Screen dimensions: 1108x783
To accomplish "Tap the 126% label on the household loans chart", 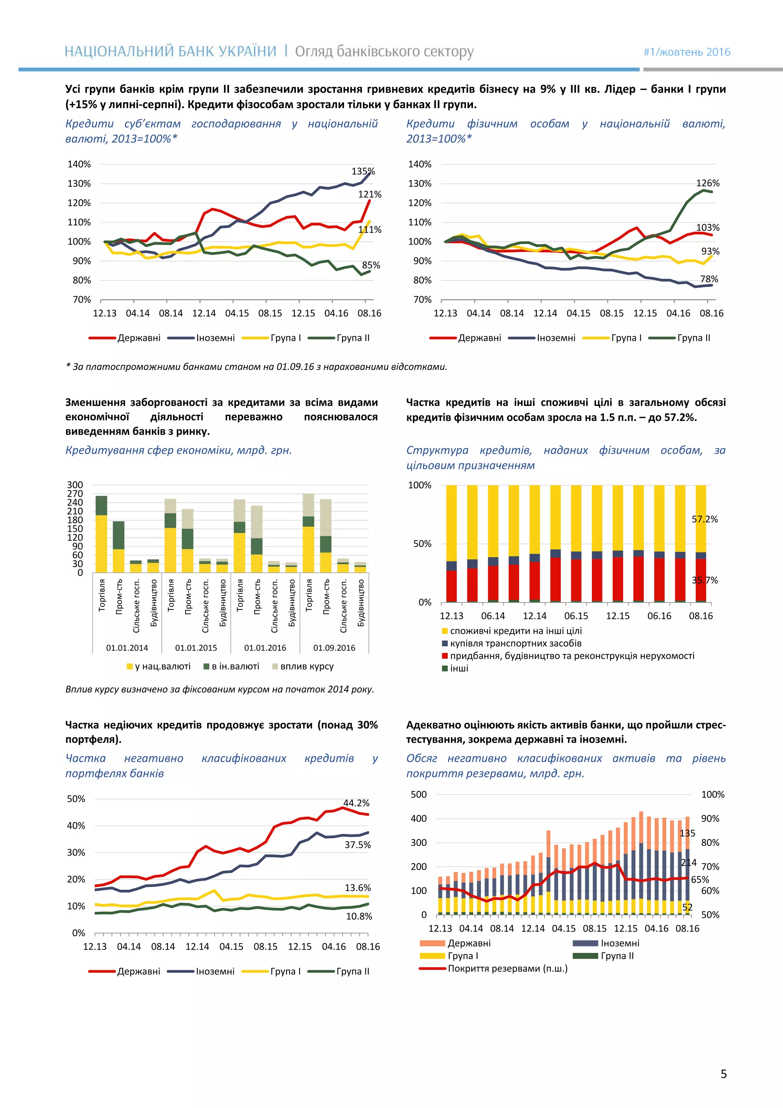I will click(707, 183).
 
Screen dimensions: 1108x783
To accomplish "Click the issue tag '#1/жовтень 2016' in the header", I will click(687, 52).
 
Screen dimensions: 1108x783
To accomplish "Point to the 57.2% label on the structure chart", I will click(704, 519).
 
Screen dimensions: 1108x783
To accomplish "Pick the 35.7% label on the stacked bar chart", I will click(704, 580).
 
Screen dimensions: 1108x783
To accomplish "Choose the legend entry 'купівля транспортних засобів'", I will click(515, 643).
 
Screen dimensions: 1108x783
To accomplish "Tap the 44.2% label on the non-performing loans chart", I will click(356, 803).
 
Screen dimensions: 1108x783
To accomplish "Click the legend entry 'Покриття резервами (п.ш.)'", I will click(507, 968).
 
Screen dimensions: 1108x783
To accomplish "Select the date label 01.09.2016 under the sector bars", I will click(334, 648).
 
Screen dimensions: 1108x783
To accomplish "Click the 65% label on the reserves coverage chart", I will click(700, 879).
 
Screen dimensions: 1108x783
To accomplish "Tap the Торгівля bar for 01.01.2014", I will click(101, 534).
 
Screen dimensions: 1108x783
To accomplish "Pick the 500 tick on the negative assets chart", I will click(419, 794).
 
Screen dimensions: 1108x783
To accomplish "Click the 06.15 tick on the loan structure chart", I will click(576, 616).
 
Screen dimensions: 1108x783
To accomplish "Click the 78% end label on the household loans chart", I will click(709, 279).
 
